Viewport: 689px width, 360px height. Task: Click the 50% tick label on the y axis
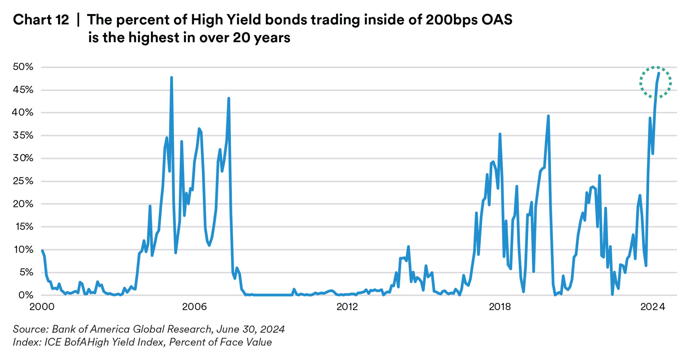[23, 67]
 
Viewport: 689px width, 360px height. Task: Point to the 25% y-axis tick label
[23, 181]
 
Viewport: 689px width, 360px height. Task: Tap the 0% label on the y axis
[26, 295]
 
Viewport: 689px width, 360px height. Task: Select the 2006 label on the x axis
[194, 307]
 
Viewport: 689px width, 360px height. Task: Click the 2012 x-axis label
[347, 307]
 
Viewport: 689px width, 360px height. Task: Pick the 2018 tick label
[500, 307]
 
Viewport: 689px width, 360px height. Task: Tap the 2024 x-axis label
[653, 307]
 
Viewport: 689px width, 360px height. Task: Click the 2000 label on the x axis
[42, 307]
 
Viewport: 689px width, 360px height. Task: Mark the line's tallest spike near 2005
[171, 77]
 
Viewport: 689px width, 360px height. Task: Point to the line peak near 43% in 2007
[229, 98]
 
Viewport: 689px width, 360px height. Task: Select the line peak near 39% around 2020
[548, 116]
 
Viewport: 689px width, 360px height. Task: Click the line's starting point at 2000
[42, 251]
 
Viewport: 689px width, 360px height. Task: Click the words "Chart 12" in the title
[41, 20]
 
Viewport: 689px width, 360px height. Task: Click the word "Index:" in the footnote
[27, 342]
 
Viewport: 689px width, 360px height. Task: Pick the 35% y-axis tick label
[23, 135]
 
